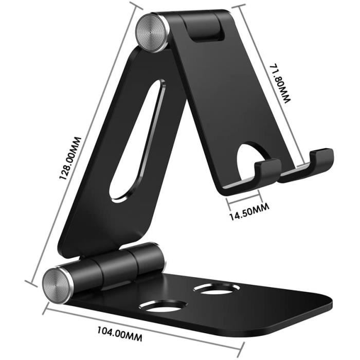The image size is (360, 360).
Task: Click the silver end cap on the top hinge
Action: pyautogui.click(x=153, y=32)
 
